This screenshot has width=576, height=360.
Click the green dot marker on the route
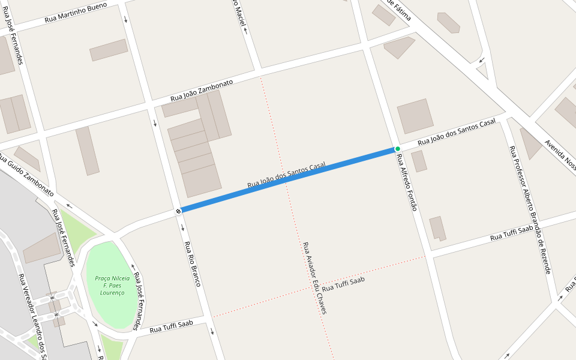tap(397, 149)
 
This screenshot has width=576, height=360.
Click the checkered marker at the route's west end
tap(179, 211)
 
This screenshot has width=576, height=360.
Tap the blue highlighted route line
tap(288, 179)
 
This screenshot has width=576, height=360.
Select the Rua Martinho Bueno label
tap(76, 13)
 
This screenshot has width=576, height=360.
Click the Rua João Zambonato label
tap(202, 91)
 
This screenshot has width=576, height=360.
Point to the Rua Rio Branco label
tap(192, 263)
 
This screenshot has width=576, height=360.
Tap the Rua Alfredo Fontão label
tap(406, 182)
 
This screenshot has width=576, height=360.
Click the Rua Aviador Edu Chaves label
tap(314, 278)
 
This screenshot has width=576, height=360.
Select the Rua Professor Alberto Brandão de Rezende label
tap(530, 209)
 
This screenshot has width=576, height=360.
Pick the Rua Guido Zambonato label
tap(27, 175)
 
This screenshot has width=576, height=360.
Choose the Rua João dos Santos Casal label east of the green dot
tap(457, 132)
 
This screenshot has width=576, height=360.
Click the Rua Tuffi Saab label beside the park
tap(171, 326)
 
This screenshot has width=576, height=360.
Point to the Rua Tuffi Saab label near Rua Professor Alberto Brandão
tap(511, 233)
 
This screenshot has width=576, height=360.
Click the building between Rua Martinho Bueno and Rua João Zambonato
tap(109, 50)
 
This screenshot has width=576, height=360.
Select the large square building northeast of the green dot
tap(415, 116)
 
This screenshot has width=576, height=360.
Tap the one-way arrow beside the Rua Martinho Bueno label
tap(125, 19)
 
